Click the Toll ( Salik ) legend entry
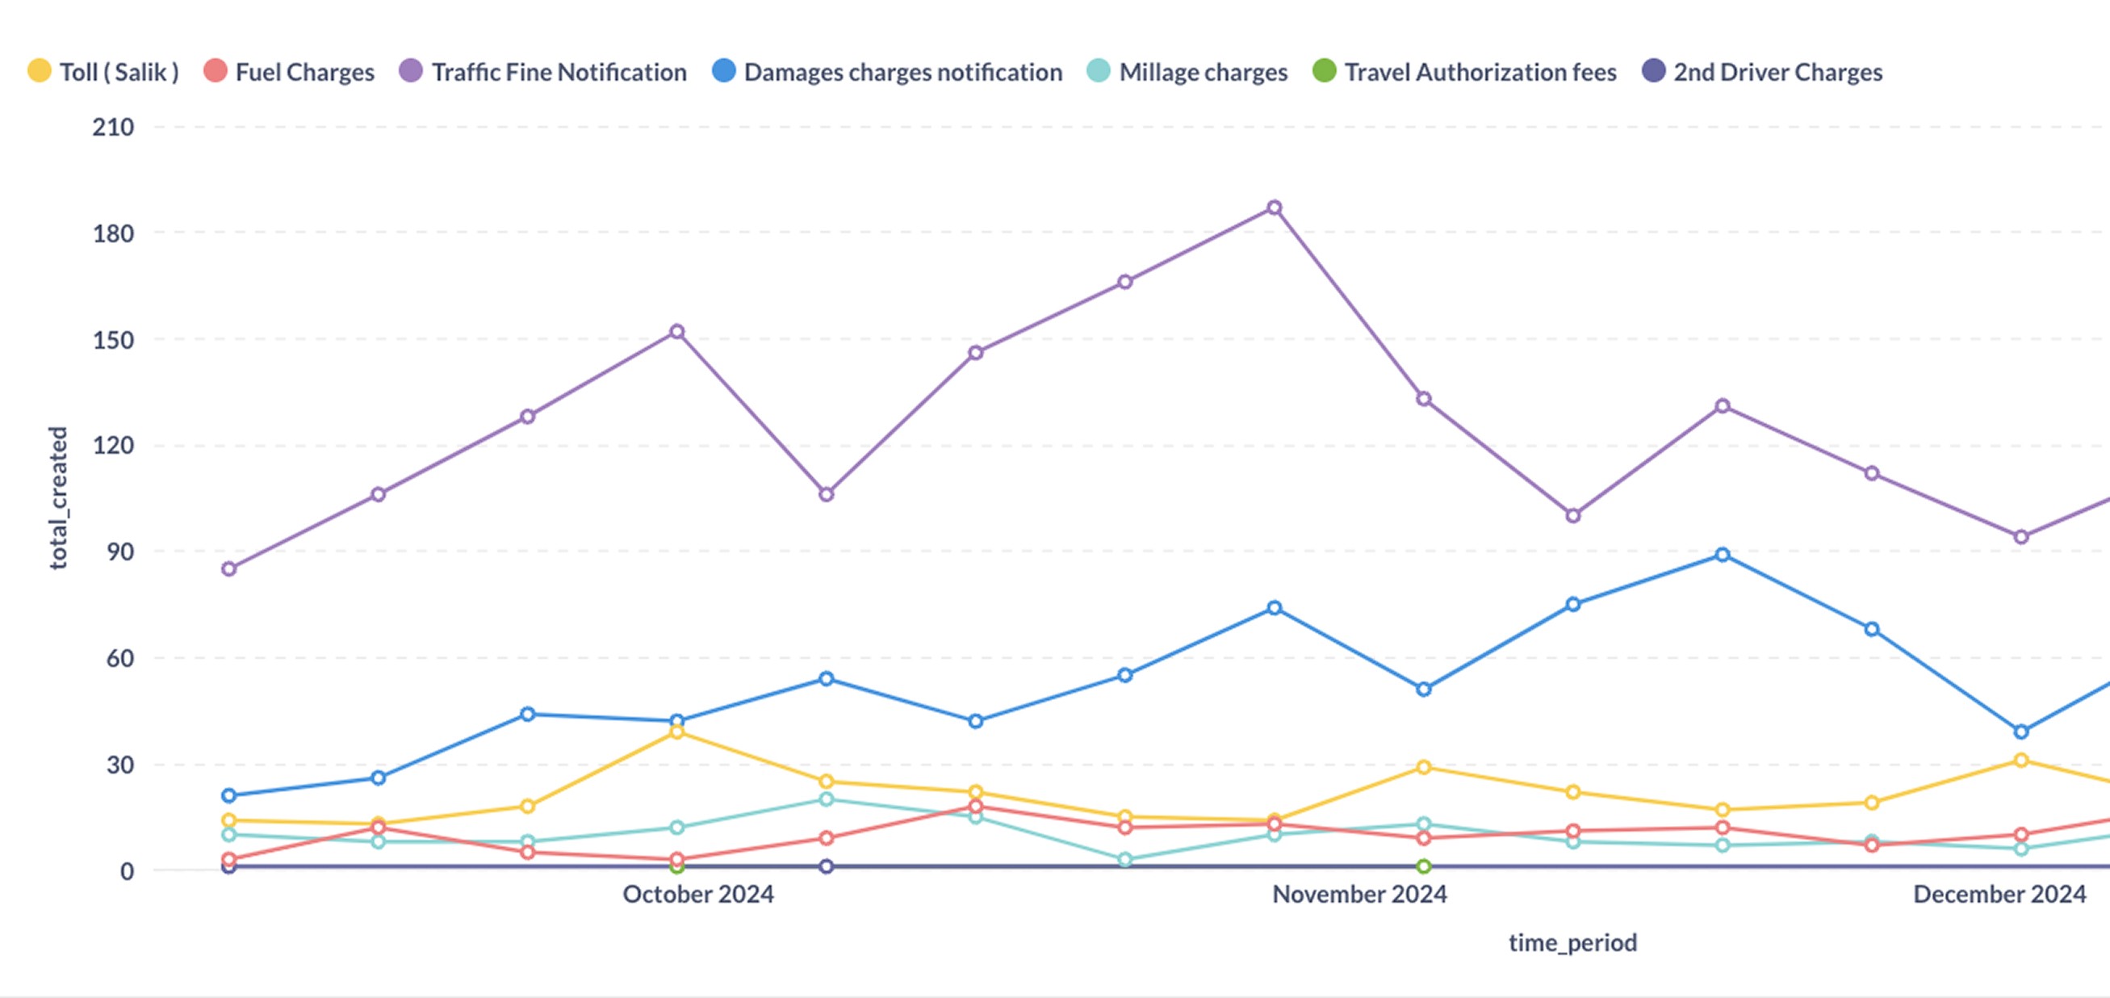pyautogui.click(x=104, y=72)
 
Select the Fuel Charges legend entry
pyautogui.click(x=289, y=72)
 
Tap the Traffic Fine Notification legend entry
pyautogui.click(x=543, y=72)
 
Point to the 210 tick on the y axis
pyautogui.click(x=113, y=127)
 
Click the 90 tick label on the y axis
pyautogui.click(x=119, y=551)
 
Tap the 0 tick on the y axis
pyautogui.click(x=127, y=871)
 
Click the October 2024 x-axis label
pyautogui.click(x=698, y=894)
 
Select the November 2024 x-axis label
pyautogui.click(x=1359, y=894)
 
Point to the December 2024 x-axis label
pyautogui.click(x=1999, y=894)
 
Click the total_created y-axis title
pyautogui.click(x=58, y=497)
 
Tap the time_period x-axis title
pyautogui.click(x=1572, y=942)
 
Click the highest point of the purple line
pyautogui.click(x=1275, y=208)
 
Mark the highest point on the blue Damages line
pyautogui.click(x=1723, y=555)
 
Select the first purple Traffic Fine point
pyautogui.click(x=229, y=568)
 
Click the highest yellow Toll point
pyautogui.click(x=676, y=732)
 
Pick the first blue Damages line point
pyautogui.click(x=229, y=795)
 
